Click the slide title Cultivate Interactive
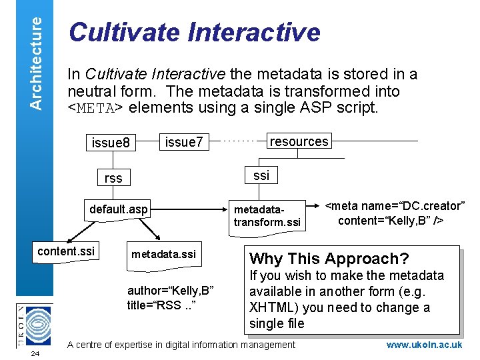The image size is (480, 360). click(195, 31)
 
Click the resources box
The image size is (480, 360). click(298, 141)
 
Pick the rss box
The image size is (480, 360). click(113, 178)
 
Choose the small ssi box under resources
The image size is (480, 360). click(261, 175)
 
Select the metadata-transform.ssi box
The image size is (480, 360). click(267, 215)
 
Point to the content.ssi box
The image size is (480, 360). click(66, 251)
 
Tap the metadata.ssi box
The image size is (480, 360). click(163, 254)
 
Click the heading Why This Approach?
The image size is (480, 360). click(329, 259)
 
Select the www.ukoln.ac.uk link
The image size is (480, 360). click(424, 345)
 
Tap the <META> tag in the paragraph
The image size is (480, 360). click(96, 107)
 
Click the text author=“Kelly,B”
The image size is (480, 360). click(170, 291)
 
